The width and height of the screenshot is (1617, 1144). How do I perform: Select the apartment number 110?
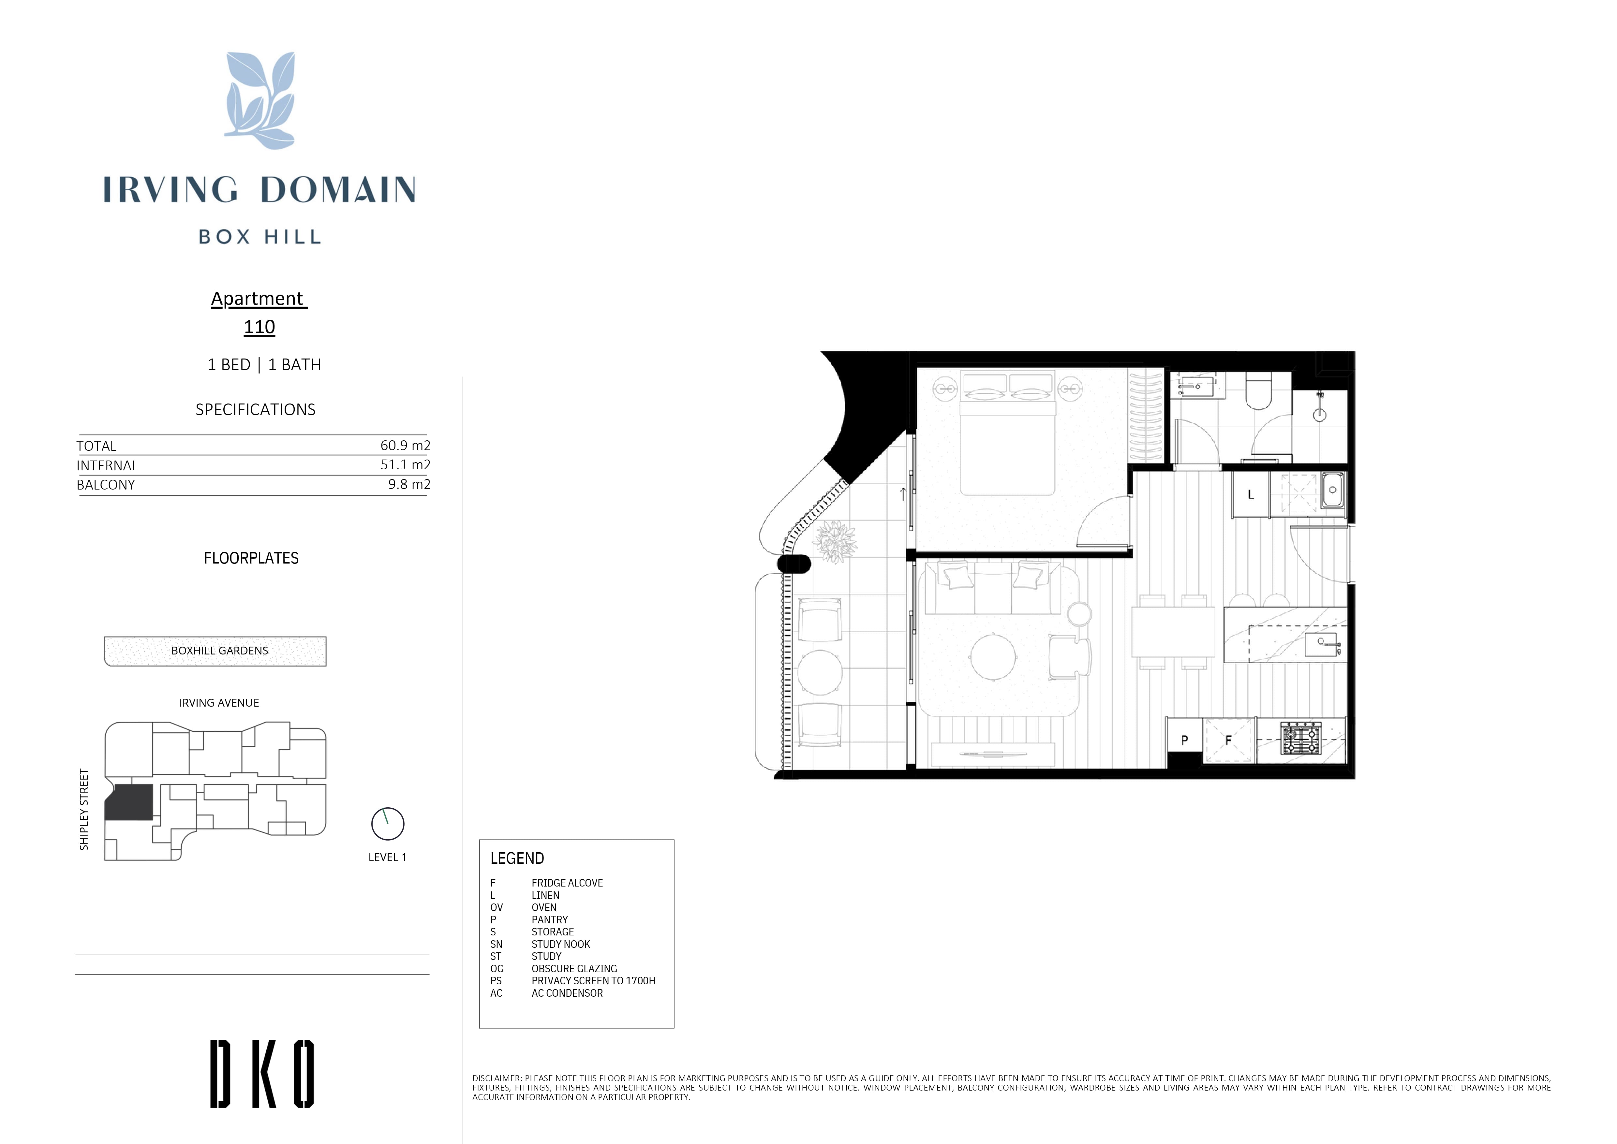pos(259,327)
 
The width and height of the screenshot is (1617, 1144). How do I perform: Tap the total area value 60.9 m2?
pos(405,445)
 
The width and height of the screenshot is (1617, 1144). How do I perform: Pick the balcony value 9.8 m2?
pos(409,484)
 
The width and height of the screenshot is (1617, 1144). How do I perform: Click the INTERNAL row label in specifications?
pos(107,466)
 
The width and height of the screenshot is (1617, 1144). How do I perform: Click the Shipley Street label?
pos(84,809)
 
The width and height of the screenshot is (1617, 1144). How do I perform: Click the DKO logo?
pos(262,1074)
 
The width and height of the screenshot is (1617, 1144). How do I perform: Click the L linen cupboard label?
pos(1251,495)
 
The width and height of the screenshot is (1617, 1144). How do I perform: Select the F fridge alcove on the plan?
pos(1229,741)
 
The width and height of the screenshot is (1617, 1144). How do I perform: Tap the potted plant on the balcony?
pos(836,542)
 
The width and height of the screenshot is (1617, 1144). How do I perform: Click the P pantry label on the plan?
pos(1184,741)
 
